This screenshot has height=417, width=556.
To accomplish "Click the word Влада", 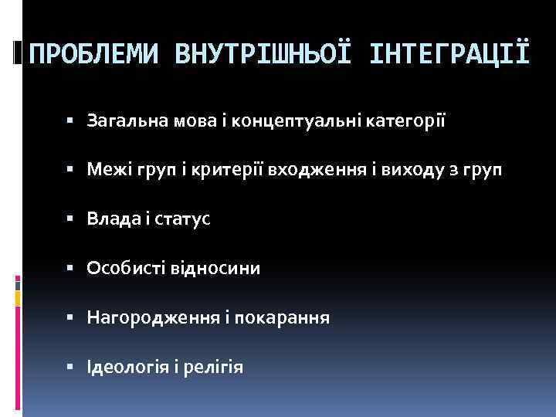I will [111, 219].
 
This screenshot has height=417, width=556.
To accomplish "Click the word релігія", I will [214, 367].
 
